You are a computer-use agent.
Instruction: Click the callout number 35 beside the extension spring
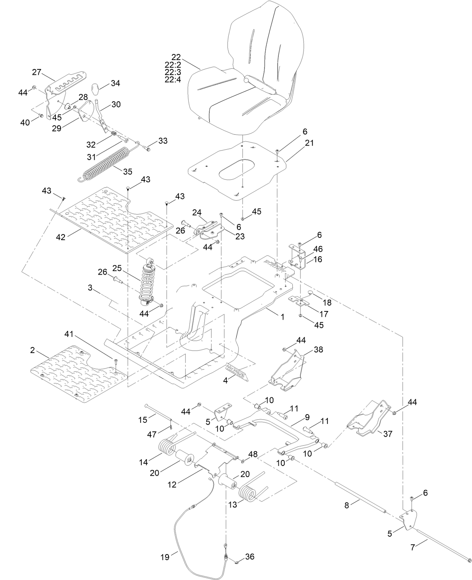pyautogui.click(x=128, y=171)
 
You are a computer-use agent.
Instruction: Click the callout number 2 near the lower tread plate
pyautogui.click(x=33, y=350)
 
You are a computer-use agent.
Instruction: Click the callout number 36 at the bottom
pyautogui.click(x=250, y=556)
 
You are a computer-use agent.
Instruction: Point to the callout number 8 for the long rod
pyautogui.click(x=347, y=505)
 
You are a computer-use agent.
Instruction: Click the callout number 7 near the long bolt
pyautogui.click(x=413, y=547)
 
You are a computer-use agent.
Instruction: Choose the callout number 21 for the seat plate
pyautogui.click(x=310, y=143)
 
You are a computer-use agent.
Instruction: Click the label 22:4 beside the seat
pyautogui.click(x=173, y=80)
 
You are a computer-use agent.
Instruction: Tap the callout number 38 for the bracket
pyautogui.click(x=318, y=349)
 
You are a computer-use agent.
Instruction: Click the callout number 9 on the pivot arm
pyautogui.click(x=307, y=416)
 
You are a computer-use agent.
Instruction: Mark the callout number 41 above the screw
pyautogui.click(x=69, y=334)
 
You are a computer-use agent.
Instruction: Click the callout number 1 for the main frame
pyautogui.click(x=282, y=317)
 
